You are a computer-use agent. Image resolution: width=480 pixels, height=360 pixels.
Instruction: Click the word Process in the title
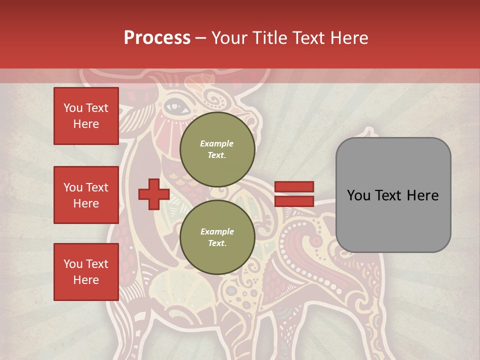tap(157, 38)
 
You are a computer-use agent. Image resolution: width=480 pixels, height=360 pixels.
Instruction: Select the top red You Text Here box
tap(86, 116)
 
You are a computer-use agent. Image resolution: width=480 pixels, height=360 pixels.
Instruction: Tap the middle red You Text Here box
tap(86, 195)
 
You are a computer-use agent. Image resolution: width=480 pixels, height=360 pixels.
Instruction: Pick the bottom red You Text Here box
tap(86, 272)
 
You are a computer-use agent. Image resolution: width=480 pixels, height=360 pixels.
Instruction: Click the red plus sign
tap(154, 194)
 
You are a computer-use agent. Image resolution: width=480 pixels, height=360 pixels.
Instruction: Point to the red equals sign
tap(294, 194)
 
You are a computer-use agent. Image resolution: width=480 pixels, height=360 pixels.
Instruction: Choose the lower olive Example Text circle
tap(217, 237)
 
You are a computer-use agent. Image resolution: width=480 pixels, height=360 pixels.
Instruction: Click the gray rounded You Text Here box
tap(393, 195)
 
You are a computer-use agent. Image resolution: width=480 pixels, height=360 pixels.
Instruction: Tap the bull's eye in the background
tap(173, 105)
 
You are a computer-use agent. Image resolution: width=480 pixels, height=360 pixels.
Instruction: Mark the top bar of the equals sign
tap(294, 187)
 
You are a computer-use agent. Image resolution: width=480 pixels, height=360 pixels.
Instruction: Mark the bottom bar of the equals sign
tap(294, 201)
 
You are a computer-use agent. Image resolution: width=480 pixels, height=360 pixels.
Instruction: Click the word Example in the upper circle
tap(217, 143)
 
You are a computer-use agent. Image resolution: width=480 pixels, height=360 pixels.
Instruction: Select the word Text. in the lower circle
tap(217, 243)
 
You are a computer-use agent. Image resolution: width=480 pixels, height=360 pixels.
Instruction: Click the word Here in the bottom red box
tap(86, 280)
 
